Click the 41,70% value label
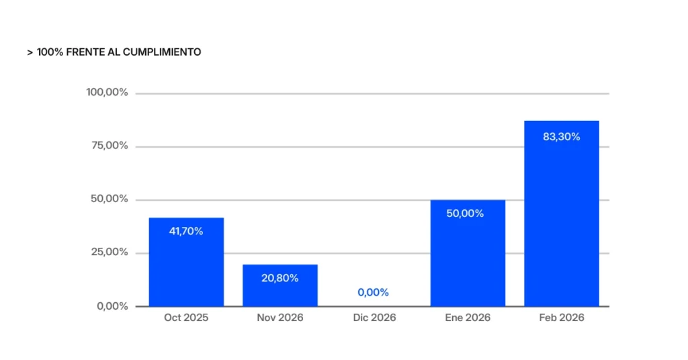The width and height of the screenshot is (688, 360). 186,231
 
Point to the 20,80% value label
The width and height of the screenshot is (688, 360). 280,277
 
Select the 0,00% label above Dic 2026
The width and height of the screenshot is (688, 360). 373,292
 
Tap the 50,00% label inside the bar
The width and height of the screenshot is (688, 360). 465,213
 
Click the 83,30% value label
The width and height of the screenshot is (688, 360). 561,136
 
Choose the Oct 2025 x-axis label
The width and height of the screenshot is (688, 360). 186,318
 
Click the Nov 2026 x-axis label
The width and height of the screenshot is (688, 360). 280,318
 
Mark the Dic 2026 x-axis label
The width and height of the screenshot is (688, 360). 374,318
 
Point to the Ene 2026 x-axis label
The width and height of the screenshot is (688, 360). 468,318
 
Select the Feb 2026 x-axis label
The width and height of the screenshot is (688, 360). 562,318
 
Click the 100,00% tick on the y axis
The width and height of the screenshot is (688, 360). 107,92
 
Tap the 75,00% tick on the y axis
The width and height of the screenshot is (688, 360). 109,146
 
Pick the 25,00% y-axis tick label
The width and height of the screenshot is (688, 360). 109,253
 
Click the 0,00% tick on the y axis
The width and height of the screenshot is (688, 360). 112,306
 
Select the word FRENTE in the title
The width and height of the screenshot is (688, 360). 81,52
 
